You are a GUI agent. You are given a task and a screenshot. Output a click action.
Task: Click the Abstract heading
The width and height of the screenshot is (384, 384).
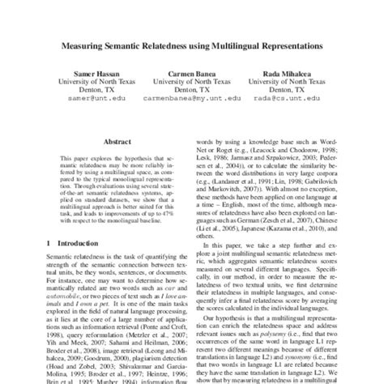(111, 140)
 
